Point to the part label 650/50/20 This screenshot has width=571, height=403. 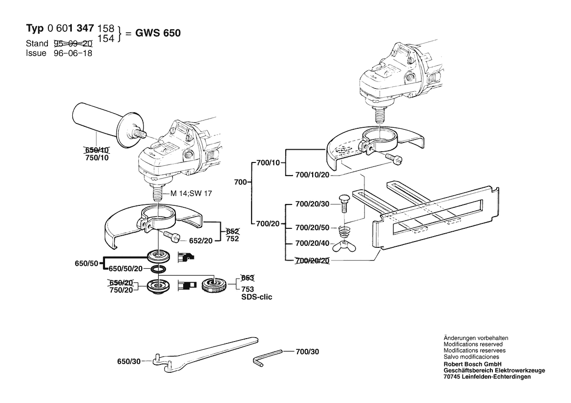(125, 269)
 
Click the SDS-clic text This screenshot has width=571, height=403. (257, 297)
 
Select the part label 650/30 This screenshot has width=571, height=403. (128, 362)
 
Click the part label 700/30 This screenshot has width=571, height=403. (307, 351)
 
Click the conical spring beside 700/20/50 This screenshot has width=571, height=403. (345, 229)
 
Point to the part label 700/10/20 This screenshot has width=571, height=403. (313, 175)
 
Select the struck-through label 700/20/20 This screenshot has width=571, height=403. (313, 261)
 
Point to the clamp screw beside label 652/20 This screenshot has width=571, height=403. (173, 236)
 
